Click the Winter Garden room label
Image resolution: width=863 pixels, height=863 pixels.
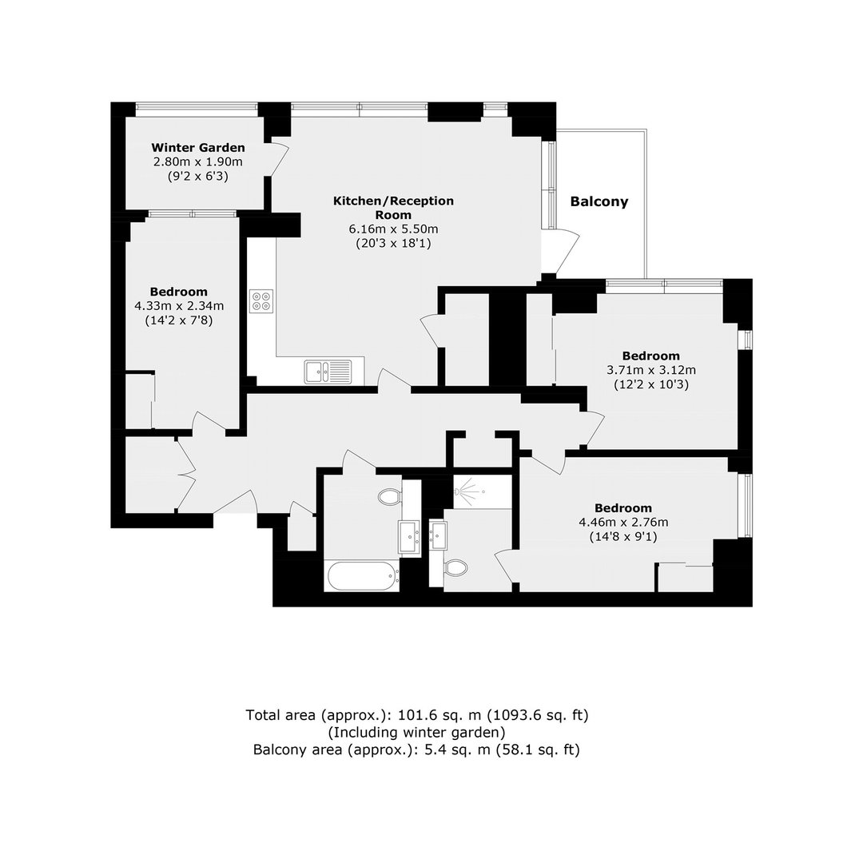198,148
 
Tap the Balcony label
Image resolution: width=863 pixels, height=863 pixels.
599,201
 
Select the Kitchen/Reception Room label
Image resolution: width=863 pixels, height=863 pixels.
393,208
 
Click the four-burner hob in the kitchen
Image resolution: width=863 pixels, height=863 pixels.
261,301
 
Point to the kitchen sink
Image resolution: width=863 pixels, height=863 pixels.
328,372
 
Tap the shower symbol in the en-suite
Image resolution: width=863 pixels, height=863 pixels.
467,489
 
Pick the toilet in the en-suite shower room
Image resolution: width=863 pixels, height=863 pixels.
455,567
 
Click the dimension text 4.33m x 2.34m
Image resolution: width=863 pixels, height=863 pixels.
179,305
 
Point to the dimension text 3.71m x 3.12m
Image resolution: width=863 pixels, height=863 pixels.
651,370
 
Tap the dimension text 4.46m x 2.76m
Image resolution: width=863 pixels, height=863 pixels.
623,522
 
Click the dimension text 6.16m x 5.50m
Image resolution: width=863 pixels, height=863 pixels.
393,229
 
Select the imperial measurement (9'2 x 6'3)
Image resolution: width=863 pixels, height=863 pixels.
198,177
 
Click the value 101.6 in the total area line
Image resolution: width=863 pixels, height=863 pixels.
417,715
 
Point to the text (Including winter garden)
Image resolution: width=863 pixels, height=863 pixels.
416,732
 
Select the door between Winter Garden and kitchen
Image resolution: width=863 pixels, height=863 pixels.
280,160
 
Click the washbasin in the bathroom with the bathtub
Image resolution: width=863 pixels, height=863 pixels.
409,536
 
